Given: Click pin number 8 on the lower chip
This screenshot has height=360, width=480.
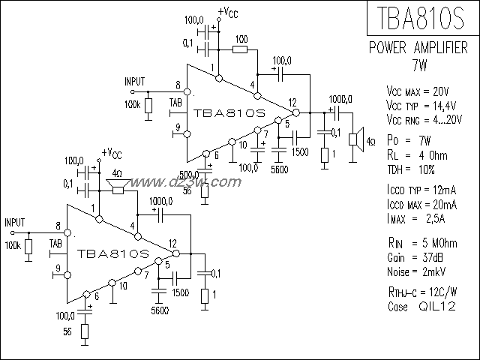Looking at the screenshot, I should pyautogui.click(x=57, y=226).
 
